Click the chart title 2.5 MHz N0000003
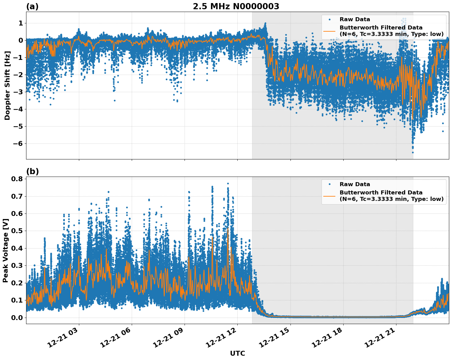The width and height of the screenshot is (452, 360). pos(236,6)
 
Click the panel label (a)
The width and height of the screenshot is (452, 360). pos(32,6)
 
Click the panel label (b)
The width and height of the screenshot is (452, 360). pos(32,171)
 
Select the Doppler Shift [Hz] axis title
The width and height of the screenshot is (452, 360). pos(7,85)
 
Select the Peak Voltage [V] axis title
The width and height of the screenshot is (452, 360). pos(6,250)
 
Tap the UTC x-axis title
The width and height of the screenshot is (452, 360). pos(237,353)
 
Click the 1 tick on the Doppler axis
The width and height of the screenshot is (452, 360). pos(21,23)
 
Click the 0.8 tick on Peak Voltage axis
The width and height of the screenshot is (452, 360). pos(17,179)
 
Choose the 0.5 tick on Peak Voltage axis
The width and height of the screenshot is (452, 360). pos(17,231)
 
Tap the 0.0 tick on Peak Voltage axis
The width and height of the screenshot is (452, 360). pos(17,317)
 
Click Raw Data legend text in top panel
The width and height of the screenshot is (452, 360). pos(355,19)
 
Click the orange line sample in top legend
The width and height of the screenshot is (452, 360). pos(329,31)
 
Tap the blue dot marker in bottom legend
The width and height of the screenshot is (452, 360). pos(329,184)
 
